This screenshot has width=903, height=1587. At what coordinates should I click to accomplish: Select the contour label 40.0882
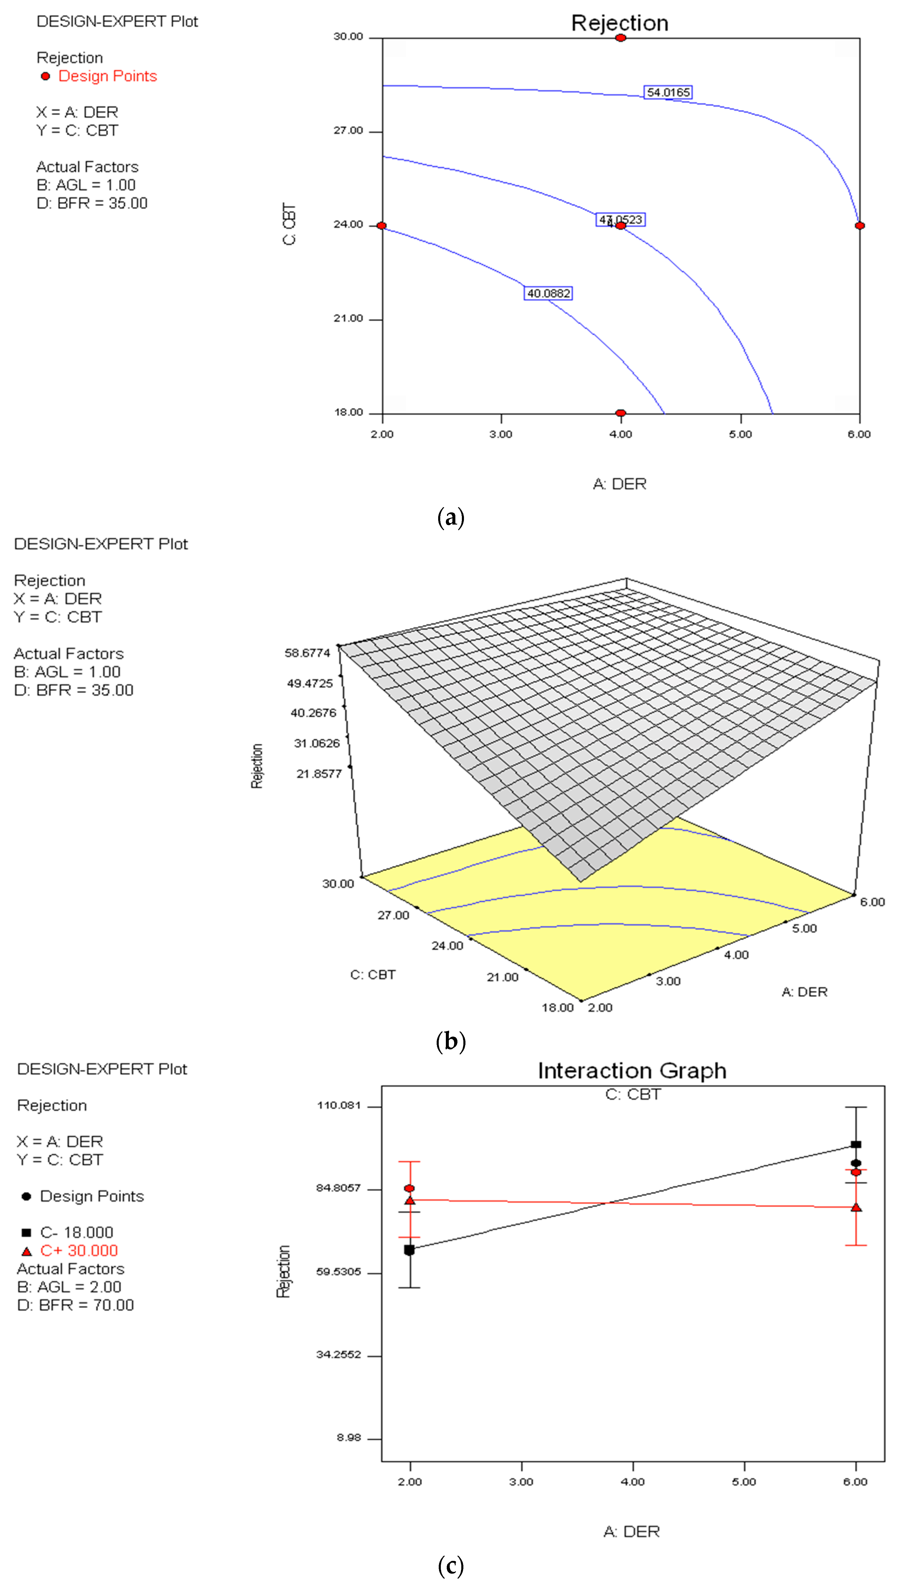tap(548, 293)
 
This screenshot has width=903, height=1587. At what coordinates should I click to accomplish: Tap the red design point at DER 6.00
tap(859, 225)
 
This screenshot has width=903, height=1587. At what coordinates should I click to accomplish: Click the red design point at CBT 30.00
tap(620, 38)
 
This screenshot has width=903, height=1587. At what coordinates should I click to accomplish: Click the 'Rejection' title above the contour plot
tap(620, 23)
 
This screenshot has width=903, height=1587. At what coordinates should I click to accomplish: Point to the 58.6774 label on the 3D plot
tap(308, 653)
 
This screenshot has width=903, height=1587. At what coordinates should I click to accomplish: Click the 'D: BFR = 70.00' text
tap(76, 1305)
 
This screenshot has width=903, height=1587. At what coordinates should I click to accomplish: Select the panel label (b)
tap(451, 1041)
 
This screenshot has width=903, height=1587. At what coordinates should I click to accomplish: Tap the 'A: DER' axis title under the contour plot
tap(620, 484)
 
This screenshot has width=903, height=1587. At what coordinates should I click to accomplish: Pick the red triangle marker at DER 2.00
tap(409, 1200)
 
